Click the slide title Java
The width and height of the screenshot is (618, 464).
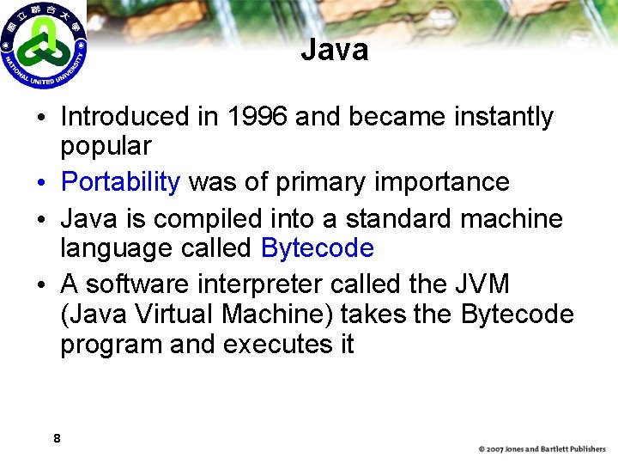click(334, 50)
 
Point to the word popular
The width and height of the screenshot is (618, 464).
click(106, 145)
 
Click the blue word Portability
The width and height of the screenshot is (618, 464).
click(121, 182)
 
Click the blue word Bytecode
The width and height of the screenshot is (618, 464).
click(318, 248)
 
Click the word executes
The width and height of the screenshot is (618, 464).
click(278, 344)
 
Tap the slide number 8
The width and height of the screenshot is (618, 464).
click(57, 439)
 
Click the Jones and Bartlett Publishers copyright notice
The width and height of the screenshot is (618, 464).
click(542, 449)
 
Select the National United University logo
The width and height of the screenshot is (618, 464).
click(43, 45)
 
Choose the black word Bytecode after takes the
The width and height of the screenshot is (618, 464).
click(518, 314)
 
